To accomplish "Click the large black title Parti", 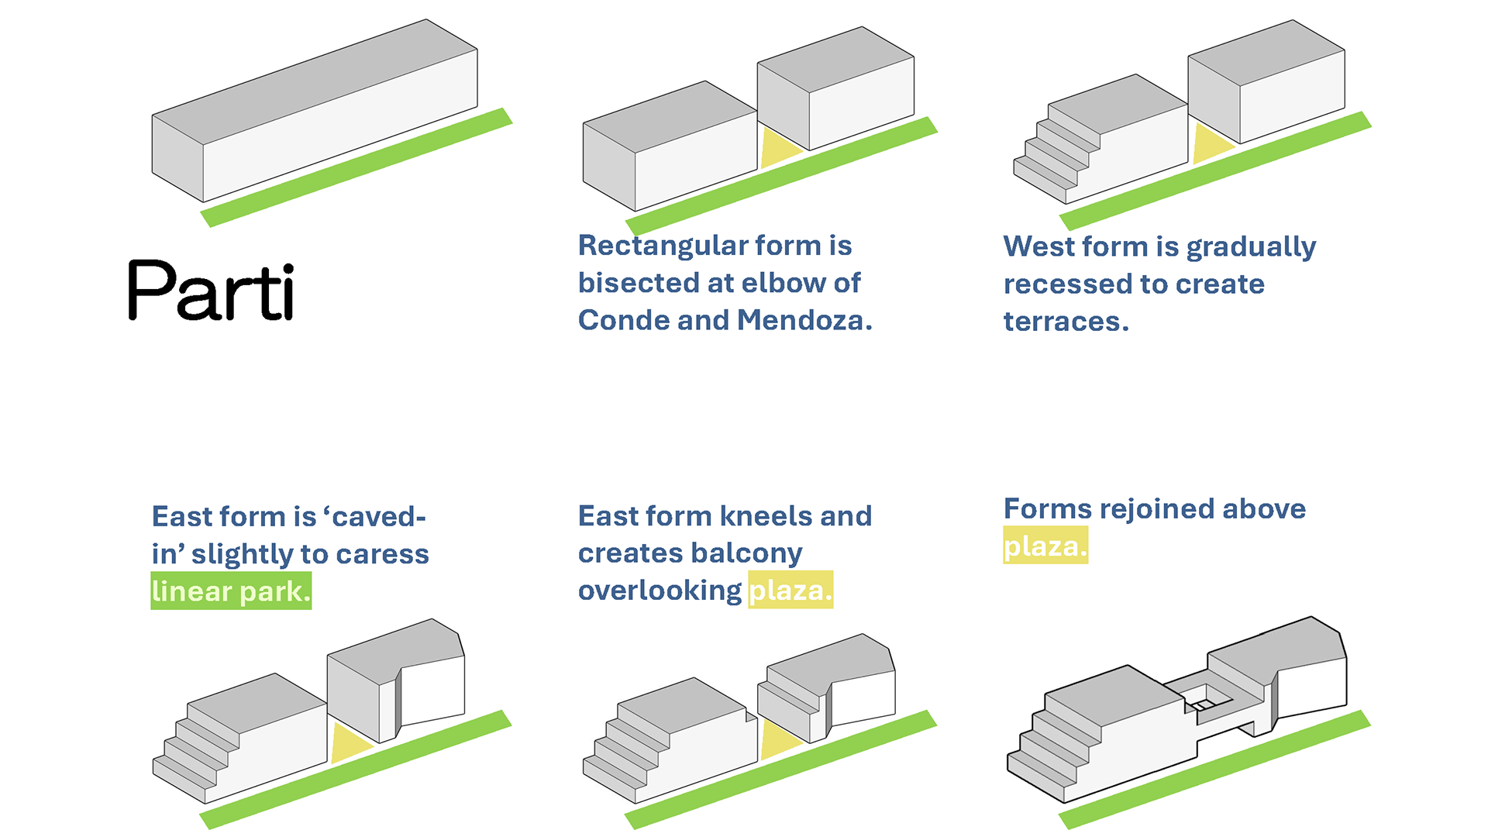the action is (x=211, y=290).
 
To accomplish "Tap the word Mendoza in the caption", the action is (x=804, y=320).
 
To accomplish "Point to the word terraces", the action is (x=1066, y=322).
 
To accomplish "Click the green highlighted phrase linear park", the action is (x=231, y=591).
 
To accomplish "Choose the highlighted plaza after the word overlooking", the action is (x=790, y=590).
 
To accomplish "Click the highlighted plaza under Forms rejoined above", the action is (x=1045, y=546).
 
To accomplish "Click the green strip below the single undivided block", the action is (x=356, y=167).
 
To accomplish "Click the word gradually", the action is (x=1251, y=247).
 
